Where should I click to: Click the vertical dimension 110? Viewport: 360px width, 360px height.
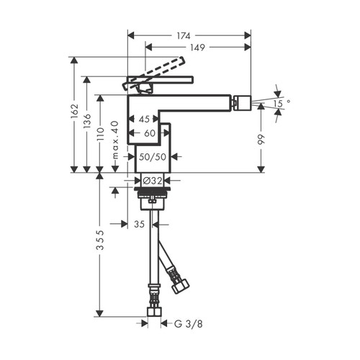click(x=102, y=134)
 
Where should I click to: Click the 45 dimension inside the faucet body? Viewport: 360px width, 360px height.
click(x=145, y=120)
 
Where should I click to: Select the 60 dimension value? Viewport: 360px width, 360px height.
click(x=149, y=133)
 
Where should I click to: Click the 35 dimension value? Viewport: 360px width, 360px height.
click(x=140, y=225)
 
